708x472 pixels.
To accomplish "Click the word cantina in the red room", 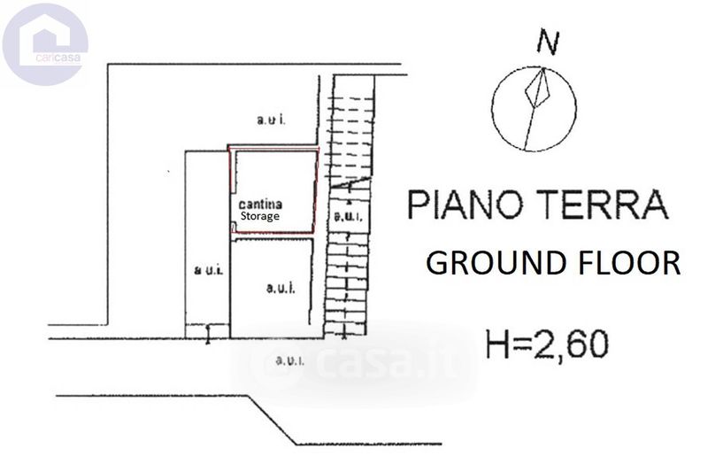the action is [x=261, y=205].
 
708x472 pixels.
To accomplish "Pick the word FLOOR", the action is [x=629, y=263].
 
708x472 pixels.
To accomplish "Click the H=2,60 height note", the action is [x=547, y=343].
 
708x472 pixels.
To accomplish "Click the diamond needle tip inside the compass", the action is [x=539, y=88].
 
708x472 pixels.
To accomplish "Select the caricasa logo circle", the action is [x=45, y=43].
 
